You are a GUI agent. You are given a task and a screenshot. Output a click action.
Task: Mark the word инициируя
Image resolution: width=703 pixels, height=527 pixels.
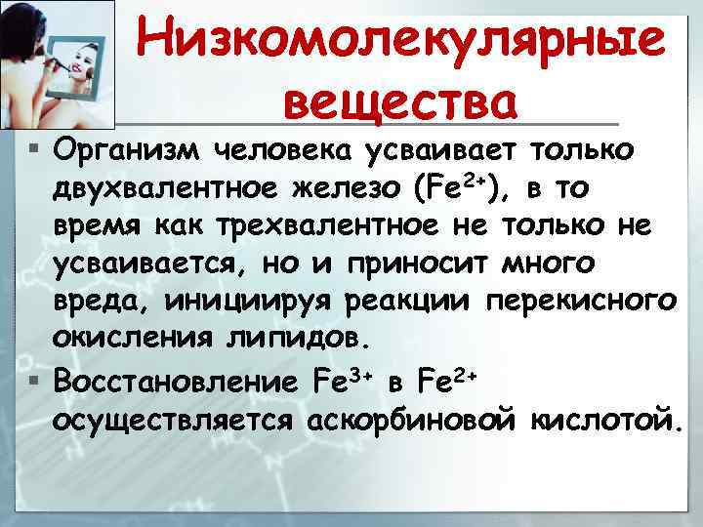pos(244,301)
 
